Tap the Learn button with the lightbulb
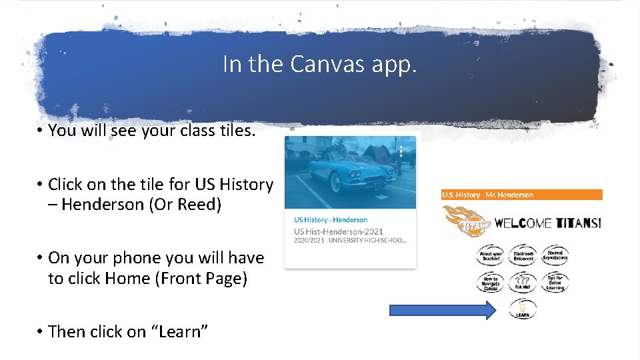pyautogui.click(x=522, y=309)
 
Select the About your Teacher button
pyautogui.click(x=491, y=255)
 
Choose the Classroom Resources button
pyautogui.click(x=523, y=255)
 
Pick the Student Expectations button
pyautogui.click(x=555, y=255)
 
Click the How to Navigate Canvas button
pyautogui.click(x=491, y=283)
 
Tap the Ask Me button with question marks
pyautogui.click(x=523, y=283)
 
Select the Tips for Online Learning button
pyautogui.click(x=555, y=283)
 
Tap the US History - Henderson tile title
pyautogui.click(x=331, y=220)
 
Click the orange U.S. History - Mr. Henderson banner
pyautogui.click(x=521, y=195)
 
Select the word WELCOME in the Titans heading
pyautogui.click(x=522, y=223)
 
